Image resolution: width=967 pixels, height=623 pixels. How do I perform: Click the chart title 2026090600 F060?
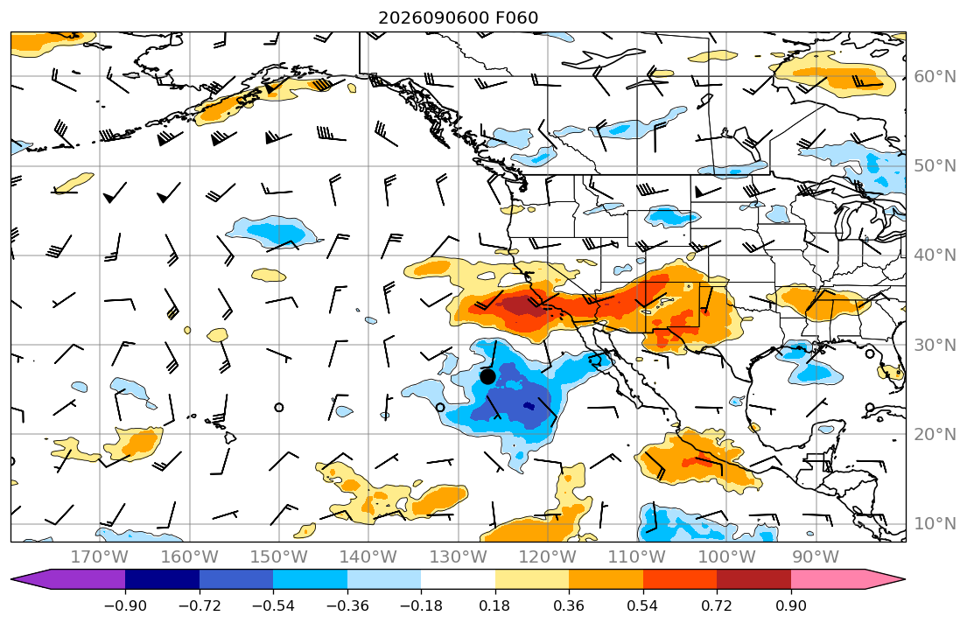(458, 17)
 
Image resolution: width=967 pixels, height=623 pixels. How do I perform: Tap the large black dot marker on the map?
(487, 376)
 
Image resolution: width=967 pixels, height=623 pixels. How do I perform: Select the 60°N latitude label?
(935, 76)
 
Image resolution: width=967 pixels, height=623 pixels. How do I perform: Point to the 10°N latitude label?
(935, 524)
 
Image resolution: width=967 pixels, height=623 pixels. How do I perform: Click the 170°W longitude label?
(99, 557)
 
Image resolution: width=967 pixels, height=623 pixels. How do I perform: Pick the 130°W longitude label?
(459, 557)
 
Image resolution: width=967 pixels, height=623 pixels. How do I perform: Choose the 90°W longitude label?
(816, 557)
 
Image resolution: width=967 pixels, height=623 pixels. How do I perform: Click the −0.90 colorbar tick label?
(125, 605)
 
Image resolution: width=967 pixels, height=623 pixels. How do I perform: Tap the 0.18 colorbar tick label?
(495, 605)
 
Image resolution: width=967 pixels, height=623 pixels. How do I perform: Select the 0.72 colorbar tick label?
(717, 605)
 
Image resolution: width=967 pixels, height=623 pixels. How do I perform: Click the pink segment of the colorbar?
(828, 580)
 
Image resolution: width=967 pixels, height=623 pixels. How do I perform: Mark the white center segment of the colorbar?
(459, 580)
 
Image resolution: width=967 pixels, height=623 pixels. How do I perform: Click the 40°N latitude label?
(935, 255)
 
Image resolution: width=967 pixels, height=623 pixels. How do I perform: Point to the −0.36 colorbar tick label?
(347, 605)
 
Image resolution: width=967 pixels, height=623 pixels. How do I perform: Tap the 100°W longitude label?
(726, 557)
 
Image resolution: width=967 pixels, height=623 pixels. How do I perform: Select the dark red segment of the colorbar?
(753, 580)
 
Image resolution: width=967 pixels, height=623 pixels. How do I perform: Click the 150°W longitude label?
(279, 557)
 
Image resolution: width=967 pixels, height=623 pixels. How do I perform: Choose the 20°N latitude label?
(935, 434)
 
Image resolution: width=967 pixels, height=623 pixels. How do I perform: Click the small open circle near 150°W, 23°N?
(279, 407)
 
